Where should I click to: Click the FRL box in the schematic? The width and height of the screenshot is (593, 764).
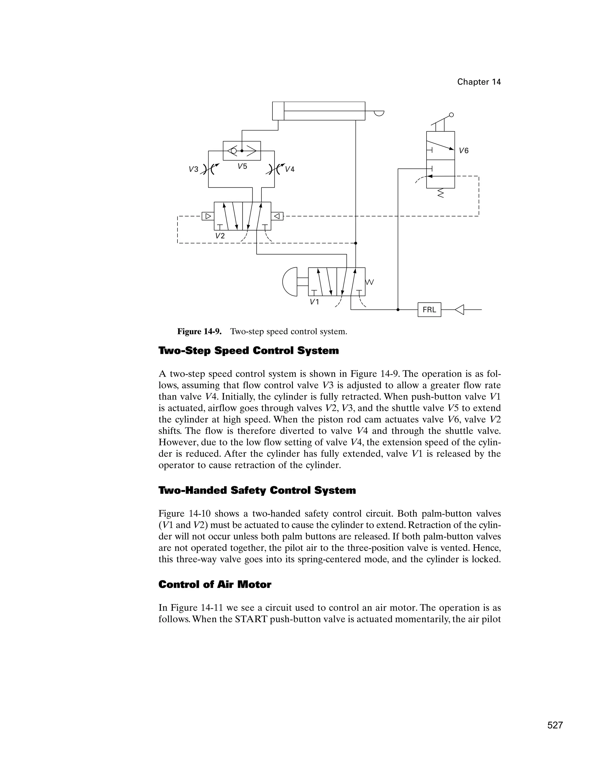[x=429, y=310]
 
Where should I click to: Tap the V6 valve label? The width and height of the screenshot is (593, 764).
[x=464, y=151]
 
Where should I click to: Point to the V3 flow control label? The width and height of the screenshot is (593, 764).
[x=194, y=169]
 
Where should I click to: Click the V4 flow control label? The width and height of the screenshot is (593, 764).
[x=290, y=169]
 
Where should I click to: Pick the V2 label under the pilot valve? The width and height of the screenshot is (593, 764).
[x=220, y=236]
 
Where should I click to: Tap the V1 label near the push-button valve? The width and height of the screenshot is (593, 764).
[x=314, y=301]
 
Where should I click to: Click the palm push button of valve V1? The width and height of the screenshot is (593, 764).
[x=290, y=281]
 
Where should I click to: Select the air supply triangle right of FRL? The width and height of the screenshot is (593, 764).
[x=459, y=310]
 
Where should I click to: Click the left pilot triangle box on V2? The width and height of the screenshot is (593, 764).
[x=208, y=216]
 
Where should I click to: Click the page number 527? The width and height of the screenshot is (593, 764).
[x=555, y=726]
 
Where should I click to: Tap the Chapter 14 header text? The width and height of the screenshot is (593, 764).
[x=479, y=82]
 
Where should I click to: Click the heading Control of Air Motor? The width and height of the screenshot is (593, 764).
[x=215, y=585]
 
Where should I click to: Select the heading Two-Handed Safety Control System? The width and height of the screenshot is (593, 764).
[x=257, y=490]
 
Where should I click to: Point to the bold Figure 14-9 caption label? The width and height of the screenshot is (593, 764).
[x=199, y=331]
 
